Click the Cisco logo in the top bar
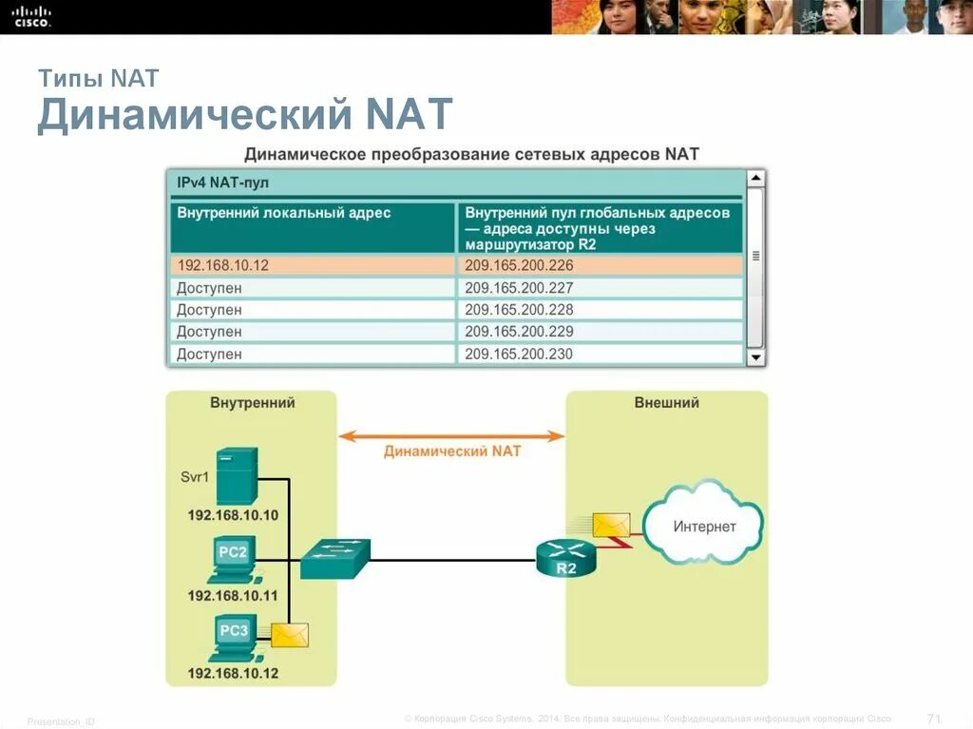(32, 15)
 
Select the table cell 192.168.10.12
(222, 265)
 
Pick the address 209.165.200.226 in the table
(519, 265)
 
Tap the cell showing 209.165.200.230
(519, 355)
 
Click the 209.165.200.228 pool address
(519, 310)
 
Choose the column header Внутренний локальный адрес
(283, 213)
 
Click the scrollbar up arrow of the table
(755, 179)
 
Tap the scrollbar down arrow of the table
(755, 357)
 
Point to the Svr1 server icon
(236, 475)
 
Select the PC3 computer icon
(233, 639)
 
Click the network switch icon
(334, 559)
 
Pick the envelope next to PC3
(289, 634)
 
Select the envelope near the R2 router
(610, 525)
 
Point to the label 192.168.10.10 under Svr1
(233, 515)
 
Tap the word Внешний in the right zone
(666, 403)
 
